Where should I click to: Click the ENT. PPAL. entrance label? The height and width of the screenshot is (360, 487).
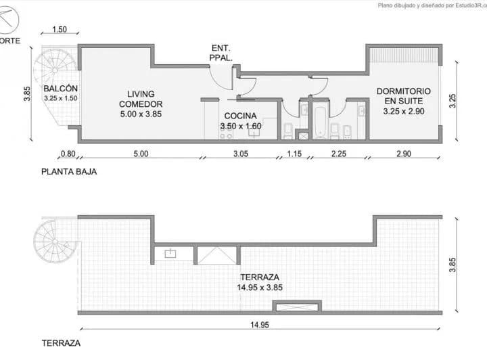click(x=221, y=53)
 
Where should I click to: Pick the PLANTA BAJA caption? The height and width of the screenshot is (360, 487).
click(x=69, y=172)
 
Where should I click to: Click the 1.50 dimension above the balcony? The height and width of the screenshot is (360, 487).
click(x=60, y=30)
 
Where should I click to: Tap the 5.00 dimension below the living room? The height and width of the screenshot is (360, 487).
click(x=140, y=154)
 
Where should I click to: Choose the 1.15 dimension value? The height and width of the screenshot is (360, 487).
click(x=294, y=154)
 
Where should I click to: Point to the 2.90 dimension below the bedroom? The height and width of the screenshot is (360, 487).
click(x=402, y=154)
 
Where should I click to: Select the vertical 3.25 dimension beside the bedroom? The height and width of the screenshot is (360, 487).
click(x=453, y=100)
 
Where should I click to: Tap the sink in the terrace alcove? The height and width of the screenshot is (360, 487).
click(x=170, y=254)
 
